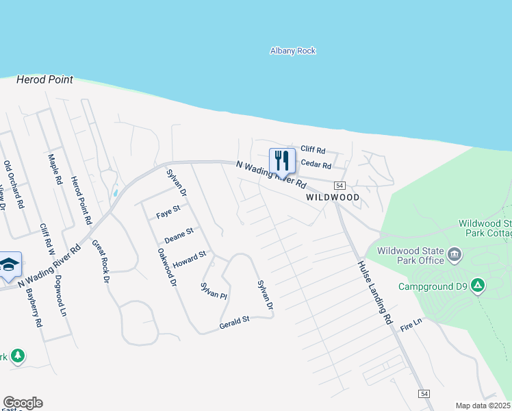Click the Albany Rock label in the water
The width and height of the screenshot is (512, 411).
click(293, 51)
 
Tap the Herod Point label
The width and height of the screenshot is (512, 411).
click(44, 80)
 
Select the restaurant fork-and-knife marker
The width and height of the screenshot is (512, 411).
click(282, 161)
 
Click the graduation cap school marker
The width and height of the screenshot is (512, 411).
click(8, 265)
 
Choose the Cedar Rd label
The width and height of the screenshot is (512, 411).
click(316, 165)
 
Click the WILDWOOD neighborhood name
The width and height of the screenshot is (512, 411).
click(333, 197)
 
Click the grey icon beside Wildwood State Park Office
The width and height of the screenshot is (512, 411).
click(455, 256)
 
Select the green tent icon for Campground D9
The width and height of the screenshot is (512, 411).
click(478, 285)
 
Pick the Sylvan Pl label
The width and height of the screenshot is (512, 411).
click(213, 290)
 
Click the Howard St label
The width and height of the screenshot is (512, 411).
click(189, 260)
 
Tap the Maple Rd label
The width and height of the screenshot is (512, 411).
click(55, 171)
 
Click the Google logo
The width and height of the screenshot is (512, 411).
click(23, 403)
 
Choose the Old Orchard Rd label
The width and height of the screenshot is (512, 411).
click(14, 184)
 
